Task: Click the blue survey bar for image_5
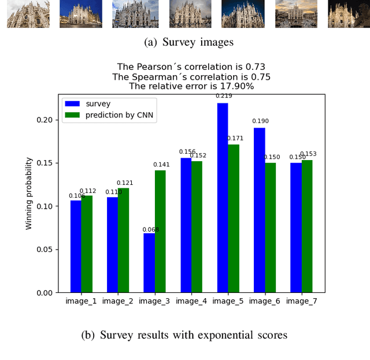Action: point(223,198)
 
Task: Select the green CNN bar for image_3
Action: point(160,231)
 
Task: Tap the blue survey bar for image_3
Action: point(149,263)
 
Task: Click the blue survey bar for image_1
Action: point(76,246)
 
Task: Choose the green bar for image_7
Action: point(307,226)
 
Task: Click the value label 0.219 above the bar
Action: point(223,96)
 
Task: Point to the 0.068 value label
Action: point(150,229)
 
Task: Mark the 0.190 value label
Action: point(260,121)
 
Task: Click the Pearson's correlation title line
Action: point(191,67)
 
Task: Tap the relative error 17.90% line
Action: point(191,86)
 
